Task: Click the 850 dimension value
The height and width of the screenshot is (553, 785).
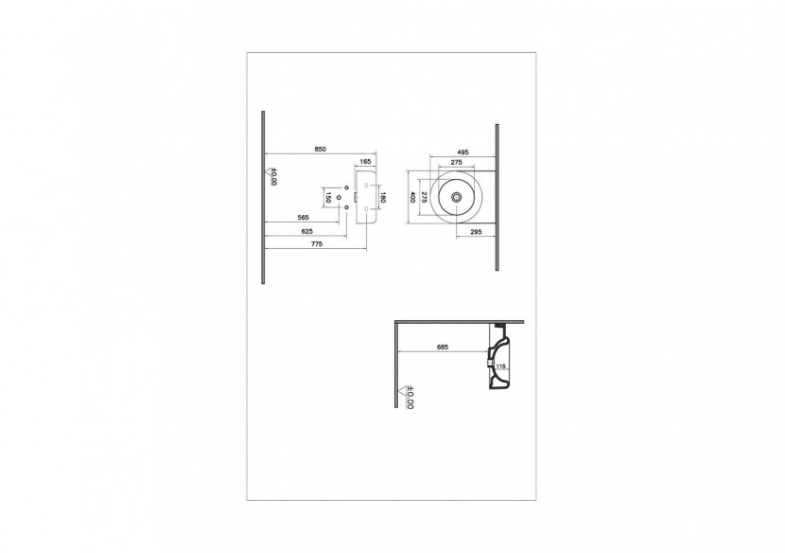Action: point(321,150)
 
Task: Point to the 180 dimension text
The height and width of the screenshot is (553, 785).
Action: point(382,198)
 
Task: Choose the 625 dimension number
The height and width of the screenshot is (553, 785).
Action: point(306,230)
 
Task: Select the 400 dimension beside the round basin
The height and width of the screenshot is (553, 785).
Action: point(412,198)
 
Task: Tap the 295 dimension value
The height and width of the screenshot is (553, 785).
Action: point(476,230)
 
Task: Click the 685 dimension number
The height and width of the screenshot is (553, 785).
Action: point(442,347)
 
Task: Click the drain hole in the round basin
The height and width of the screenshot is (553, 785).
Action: point(458,198)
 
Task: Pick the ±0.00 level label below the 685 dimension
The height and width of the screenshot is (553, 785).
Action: point(410,396)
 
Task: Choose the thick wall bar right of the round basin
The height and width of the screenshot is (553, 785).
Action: point(497,197)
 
